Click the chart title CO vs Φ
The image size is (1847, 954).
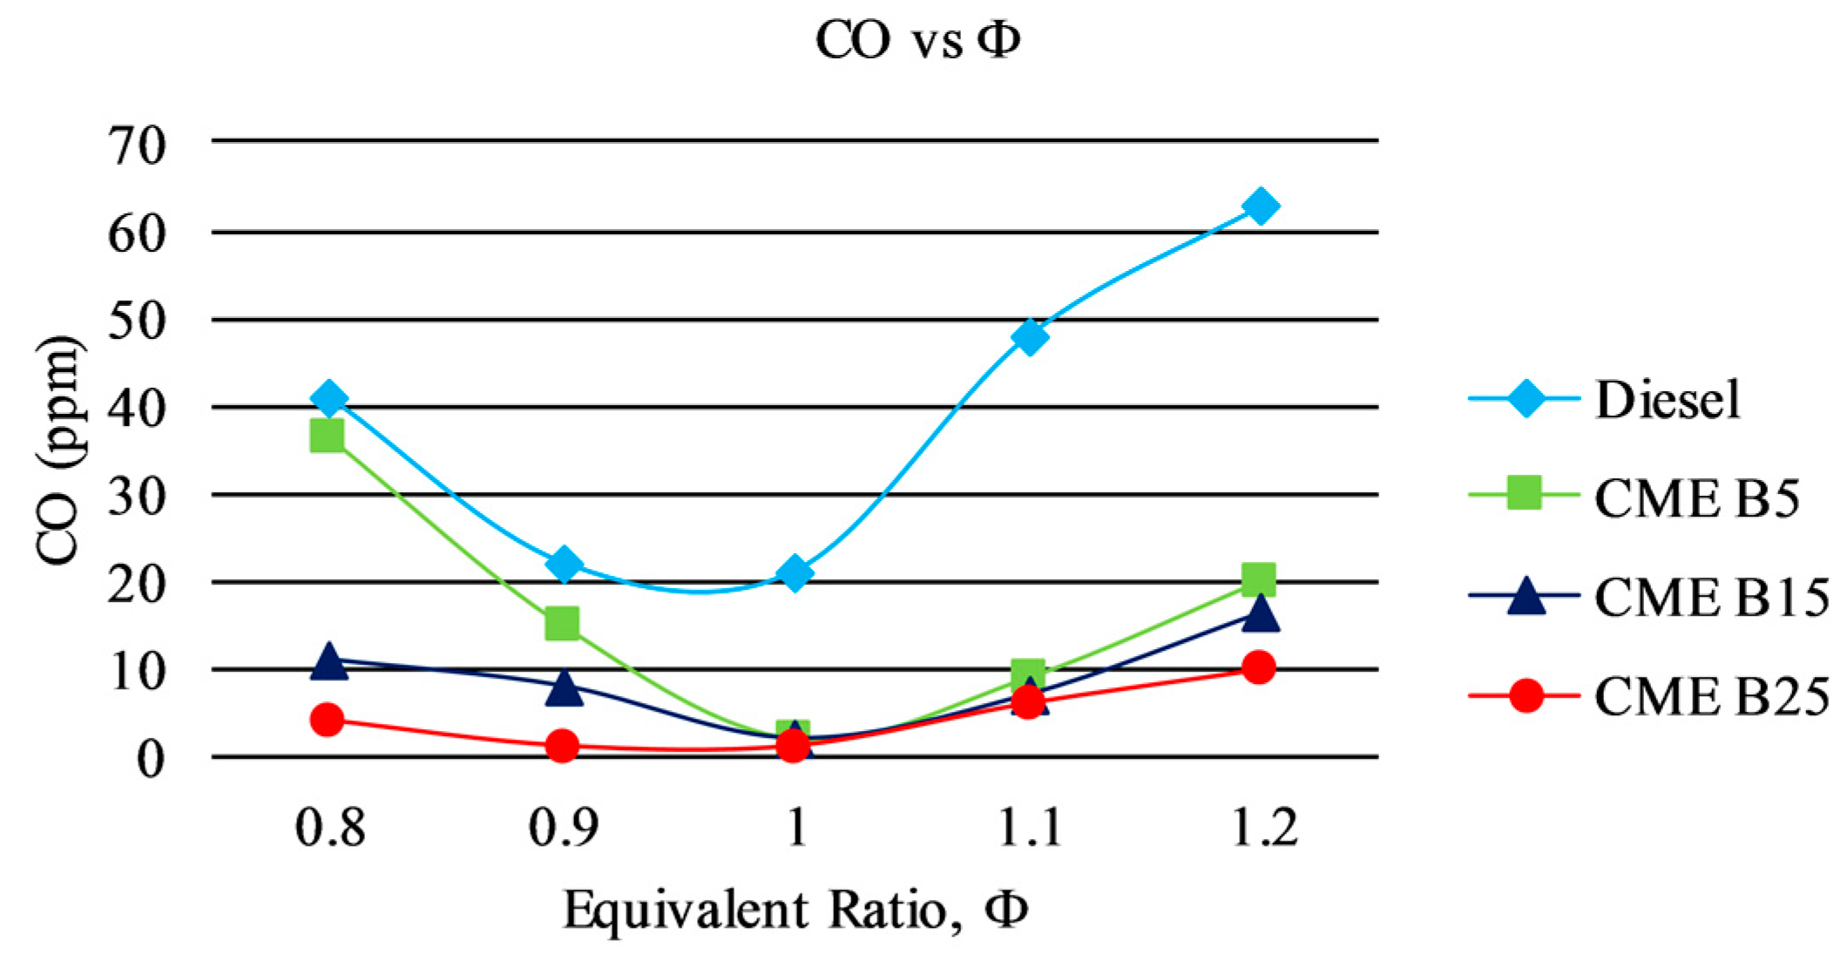point(917,39)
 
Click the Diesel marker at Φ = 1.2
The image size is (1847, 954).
point(1260,206)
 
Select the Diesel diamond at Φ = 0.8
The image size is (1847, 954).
point(328,398)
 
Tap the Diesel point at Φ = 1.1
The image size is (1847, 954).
point(1029,336)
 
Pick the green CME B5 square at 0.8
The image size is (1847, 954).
point(327,435)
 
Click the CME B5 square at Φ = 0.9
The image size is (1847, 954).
point(562,623)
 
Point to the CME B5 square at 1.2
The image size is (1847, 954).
point(1259,578)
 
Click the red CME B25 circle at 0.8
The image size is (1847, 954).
point(327,720)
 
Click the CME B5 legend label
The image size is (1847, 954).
point(1695,498)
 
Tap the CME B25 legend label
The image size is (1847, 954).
point(1710,697)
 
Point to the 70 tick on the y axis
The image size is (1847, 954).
point(137,145)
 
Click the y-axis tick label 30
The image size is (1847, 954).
point(137,497)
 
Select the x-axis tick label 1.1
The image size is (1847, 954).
point(1029,826)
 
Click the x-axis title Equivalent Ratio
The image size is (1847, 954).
point(795,910)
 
